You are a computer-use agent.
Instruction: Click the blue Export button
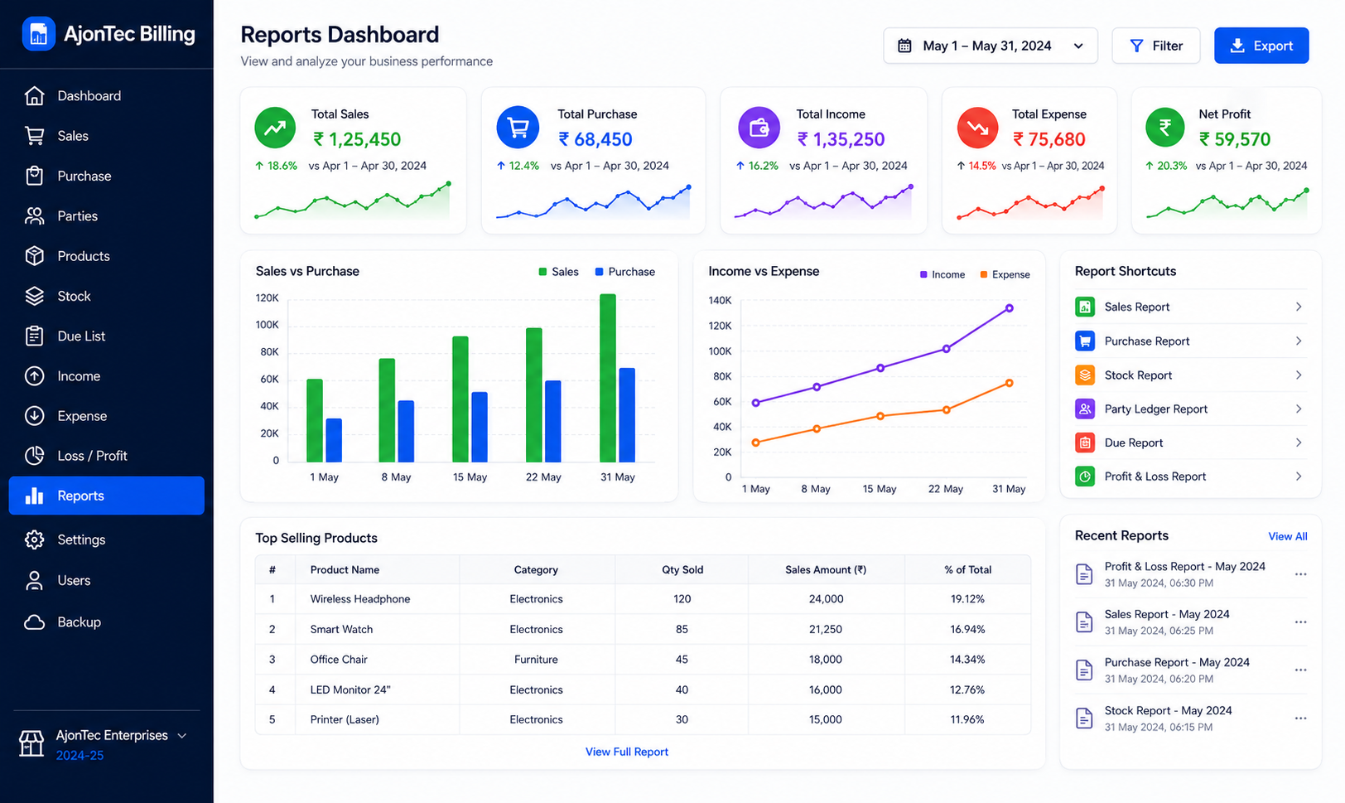(x=1261, y=46)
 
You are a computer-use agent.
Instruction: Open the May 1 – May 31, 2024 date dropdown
(x=991, y=46)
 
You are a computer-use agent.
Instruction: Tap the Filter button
(x=1156, y=46)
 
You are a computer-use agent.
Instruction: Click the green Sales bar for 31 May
(x=608, y=378)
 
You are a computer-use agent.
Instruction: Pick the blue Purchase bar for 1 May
(x=334, y=440)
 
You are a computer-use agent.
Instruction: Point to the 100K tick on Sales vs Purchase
(x=268, y=325)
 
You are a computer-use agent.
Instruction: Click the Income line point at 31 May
(x=1010, y=308)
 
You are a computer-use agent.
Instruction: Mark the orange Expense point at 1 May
(x=756, y=443)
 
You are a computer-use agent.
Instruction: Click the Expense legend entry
(x=1005, y=274)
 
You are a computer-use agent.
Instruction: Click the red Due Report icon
(x=1084, y=443)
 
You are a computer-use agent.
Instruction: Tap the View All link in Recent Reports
(x=1287, y=536)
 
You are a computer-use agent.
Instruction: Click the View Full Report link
(x=626, y=752)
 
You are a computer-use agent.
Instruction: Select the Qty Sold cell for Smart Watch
(x=682, y=630)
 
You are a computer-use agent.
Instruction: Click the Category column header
(x=536, y=569)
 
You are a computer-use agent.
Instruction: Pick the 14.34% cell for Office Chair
(x=967, y=660)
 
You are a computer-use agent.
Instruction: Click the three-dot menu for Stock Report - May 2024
(x=1300, y=718)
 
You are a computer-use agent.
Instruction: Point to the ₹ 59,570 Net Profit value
(x=1235, y=139)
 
